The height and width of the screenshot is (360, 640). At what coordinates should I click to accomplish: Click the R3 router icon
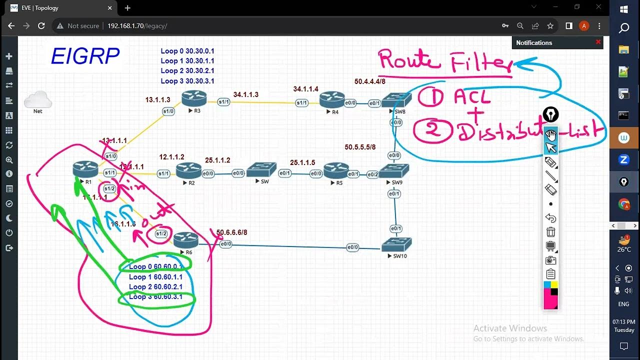[194, 98]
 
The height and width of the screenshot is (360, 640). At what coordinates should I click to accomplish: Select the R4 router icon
[332, 99]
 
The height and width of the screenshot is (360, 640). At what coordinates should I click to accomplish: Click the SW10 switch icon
[396, 244]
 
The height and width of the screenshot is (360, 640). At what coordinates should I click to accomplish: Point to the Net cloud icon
[38, 100]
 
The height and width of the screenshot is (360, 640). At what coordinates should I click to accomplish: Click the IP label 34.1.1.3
[245, 94]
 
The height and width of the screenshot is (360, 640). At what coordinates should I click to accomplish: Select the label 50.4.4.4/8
[370, 81]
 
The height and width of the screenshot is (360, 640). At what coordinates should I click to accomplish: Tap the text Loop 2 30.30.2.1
[187, 71]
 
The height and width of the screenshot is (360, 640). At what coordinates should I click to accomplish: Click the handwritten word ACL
[472, 96]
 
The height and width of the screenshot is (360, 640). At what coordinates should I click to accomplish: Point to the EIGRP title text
[85, 57]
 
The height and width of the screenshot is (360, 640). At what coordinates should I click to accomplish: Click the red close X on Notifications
[598, 42]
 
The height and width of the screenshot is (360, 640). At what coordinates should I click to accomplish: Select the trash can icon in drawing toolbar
[550, 232]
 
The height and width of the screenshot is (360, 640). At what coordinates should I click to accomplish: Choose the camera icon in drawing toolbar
[550, 260]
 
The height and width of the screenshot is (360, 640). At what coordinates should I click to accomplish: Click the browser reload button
[41, 26]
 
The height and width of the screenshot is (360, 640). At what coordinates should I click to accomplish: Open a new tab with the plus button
[127, 8]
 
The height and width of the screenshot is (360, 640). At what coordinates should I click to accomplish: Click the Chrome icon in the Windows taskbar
[623, 204]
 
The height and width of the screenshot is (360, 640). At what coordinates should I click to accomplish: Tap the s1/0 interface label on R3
[168, 111]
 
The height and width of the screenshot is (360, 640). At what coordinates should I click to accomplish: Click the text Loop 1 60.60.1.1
[155, 277]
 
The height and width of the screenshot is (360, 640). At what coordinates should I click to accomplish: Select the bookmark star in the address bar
[550, 26]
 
